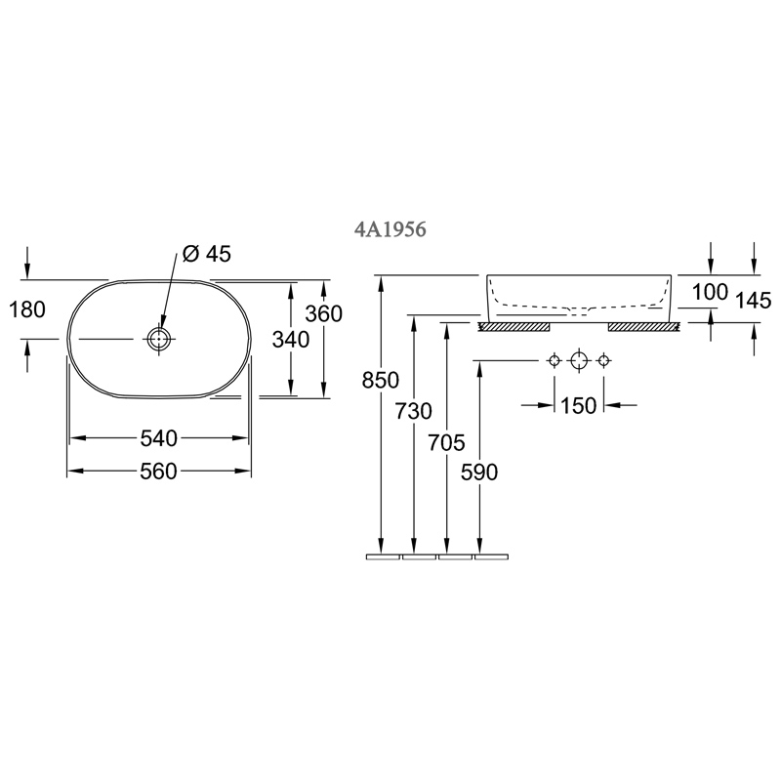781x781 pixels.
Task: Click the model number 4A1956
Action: [390, 229]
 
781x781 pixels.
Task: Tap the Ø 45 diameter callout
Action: [207, 254]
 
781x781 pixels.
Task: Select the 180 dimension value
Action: [27, 309]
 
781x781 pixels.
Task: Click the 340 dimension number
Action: [291, 340]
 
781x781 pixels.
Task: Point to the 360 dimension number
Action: [324, 313]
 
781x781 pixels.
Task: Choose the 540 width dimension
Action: [158, 438]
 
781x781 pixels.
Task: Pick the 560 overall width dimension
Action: [158, 471]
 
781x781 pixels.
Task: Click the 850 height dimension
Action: [381, 381]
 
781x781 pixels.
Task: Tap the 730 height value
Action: [413, 411]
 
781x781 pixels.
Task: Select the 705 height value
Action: [446, 442]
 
